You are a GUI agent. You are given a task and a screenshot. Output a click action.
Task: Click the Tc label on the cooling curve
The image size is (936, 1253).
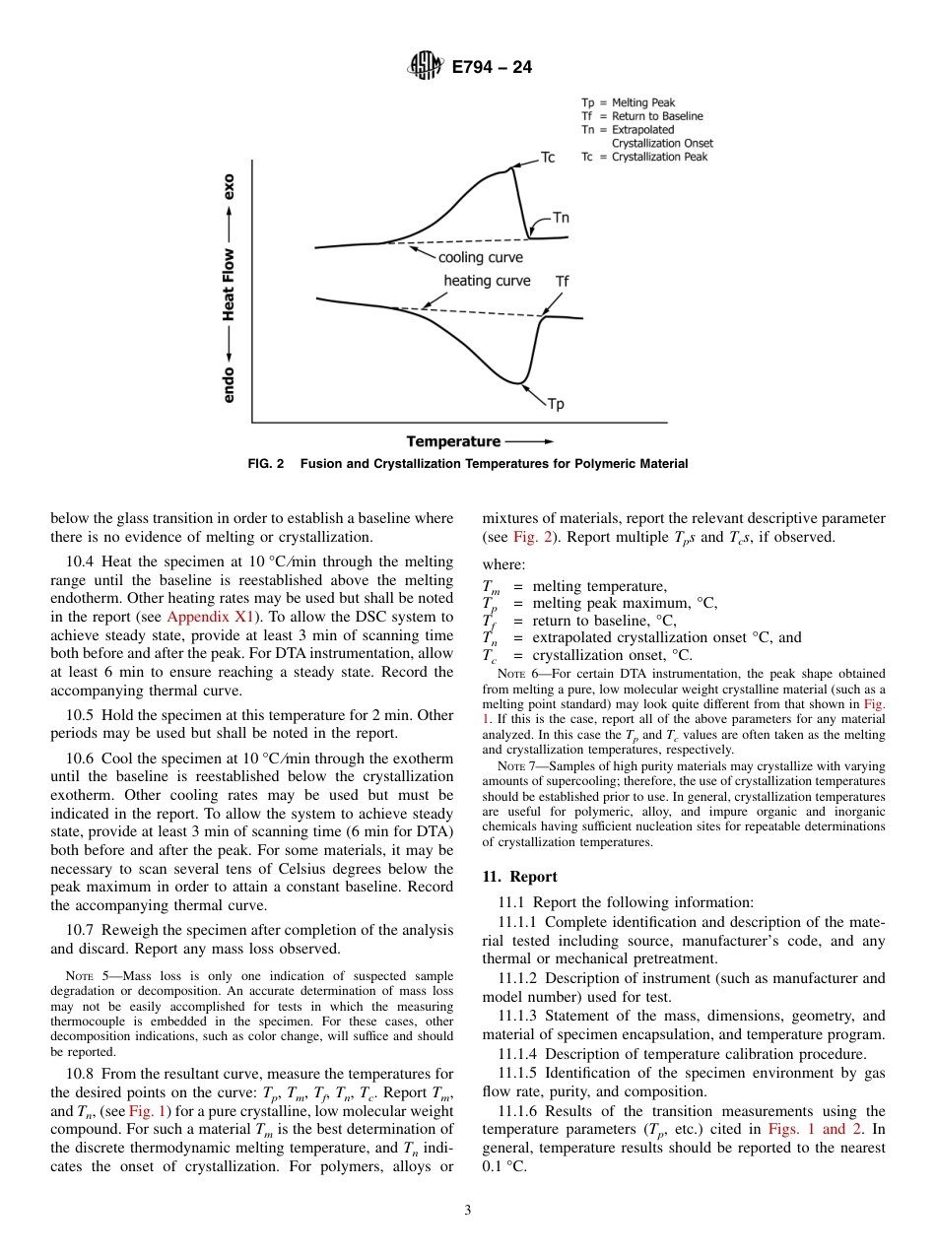[x=549, y=159]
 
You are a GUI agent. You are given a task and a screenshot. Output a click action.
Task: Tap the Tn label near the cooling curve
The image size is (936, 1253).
[x=560, y=218]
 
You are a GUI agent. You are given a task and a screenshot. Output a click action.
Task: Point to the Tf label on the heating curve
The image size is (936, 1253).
[x=562, y=282]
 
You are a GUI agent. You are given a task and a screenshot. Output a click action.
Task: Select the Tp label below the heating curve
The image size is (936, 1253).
[x=556, y=403]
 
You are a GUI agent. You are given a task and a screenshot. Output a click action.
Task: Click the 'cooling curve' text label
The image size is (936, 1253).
[x=480, y=257]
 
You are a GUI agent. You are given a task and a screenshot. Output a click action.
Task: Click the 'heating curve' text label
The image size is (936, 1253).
[x=487, y=281]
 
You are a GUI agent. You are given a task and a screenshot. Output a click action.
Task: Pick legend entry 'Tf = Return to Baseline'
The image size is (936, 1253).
[x=641, y=115]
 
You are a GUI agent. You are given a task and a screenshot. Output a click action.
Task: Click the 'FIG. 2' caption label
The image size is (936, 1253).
[x=266, y=464]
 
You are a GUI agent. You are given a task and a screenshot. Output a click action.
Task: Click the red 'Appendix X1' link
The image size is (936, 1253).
[x=211, y=617]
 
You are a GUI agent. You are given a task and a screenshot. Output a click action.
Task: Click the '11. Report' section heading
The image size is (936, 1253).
[x=519, y=877]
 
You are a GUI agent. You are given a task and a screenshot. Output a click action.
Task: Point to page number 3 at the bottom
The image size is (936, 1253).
[x=468, y=1211]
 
